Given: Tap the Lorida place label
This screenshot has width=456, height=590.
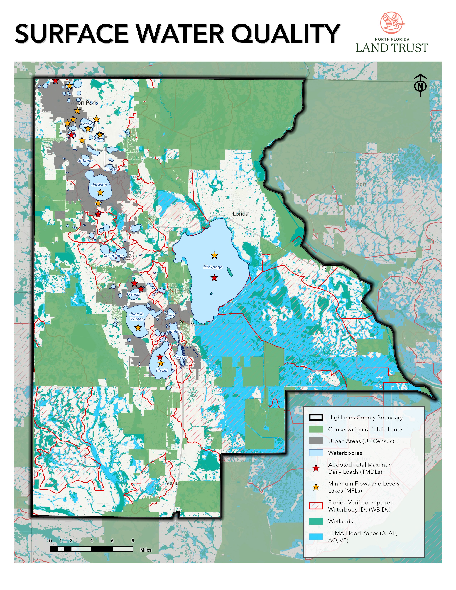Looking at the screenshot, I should [x=240, y=214].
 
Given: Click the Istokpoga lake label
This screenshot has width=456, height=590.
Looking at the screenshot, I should [x=213, y=267].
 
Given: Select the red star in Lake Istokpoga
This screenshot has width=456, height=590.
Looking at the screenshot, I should [x=214, y=278].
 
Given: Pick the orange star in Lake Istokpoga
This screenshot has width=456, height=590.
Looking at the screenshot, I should [x=214, y=255].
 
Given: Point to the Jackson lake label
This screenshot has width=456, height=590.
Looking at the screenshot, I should [x=99, y=185].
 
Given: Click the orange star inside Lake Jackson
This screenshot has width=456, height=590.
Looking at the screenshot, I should [x=100, y=193].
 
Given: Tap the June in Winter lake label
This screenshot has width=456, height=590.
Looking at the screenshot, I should [x=137, y=316].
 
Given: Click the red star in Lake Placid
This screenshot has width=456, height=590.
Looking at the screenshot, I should [x=160, y=357].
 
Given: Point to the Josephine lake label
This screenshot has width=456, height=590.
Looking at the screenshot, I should [x=114, y=255].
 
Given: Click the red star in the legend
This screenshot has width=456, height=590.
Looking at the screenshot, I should [x=316, y=468].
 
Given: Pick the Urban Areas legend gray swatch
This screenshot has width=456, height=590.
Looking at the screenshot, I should [x=316, y=441].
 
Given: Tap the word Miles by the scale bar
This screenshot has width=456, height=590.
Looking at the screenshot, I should [x=146, y=550].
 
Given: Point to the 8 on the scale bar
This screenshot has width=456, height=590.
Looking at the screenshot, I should [x=133, y=540].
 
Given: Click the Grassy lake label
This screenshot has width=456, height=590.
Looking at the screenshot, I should [x=181, y=357].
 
